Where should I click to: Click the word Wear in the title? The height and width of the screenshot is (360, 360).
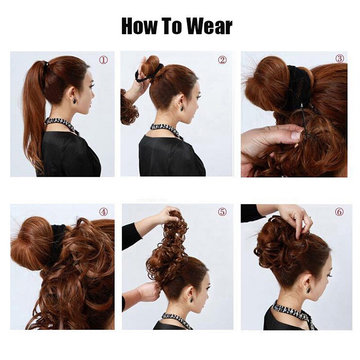[208, 27]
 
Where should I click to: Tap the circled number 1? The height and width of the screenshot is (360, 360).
[103, 59]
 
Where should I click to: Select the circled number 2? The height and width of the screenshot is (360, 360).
[222, 59]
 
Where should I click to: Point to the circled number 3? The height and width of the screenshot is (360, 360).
[340, 58]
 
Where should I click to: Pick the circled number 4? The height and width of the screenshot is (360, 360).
[103, 211]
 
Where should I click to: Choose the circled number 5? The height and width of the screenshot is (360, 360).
[222, 211]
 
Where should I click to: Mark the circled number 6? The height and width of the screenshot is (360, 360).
[339, 211]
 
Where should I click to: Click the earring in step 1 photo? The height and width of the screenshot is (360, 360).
[74, 100]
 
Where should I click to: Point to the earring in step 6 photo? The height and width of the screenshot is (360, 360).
[308, 290]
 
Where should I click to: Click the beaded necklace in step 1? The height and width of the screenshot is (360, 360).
[61, 122]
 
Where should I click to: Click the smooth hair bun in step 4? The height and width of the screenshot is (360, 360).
[31, 243]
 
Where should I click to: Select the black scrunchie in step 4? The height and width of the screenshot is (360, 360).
[58, 241]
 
